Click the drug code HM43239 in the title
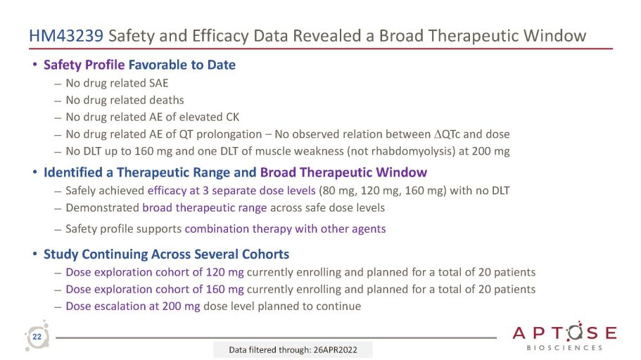tap(66, 36)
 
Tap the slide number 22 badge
tap(37, 337)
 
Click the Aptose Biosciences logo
tap(564, 336)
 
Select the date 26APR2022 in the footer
tap(335, 350)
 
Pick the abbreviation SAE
tap(158, 84)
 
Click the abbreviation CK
tap(233, 117)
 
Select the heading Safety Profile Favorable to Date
tap(140, 65)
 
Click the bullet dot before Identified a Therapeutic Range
tap(35, 172)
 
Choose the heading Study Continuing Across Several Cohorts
tap(166, 254)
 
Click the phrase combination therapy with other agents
tap(286, 229)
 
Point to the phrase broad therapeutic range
tap(204, 208)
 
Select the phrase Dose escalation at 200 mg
tap(133, 307)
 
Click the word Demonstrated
tap(102, 208)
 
